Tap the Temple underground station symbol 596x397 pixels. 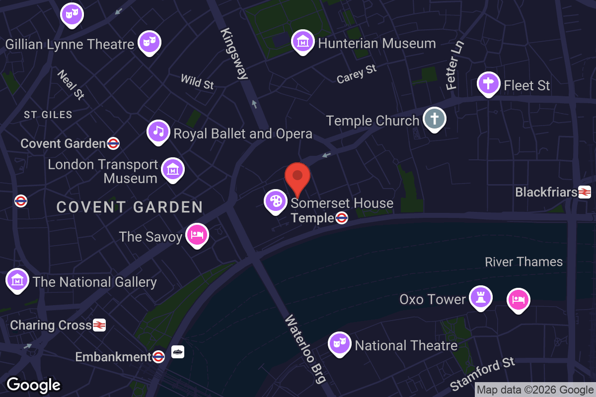(341, 218)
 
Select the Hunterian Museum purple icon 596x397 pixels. (303, 42)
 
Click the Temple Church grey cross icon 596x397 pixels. (435, 119)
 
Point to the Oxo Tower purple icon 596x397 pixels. (480, 297)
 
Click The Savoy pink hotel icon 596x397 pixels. (197, 235)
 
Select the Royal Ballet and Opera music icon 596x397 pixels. (158, 132)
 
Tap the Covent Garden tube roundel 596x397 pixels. (113, 143)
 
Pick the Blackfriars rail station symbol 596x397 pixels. (584, 192)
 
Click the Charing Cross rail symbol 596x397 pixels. (99, 325)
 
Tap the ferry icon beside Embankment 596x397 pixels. (178, 352)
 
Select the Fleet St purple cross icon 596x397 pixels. (488, 83)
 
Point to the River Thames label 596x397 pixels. (523, 262)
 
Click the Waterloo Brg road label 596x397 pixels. (305, 349)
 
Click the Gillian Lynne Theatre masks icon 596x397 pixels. (149, 42)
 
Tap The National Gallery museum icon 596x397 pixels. (17, 280)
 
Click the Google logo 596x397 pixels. (33, 385)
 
